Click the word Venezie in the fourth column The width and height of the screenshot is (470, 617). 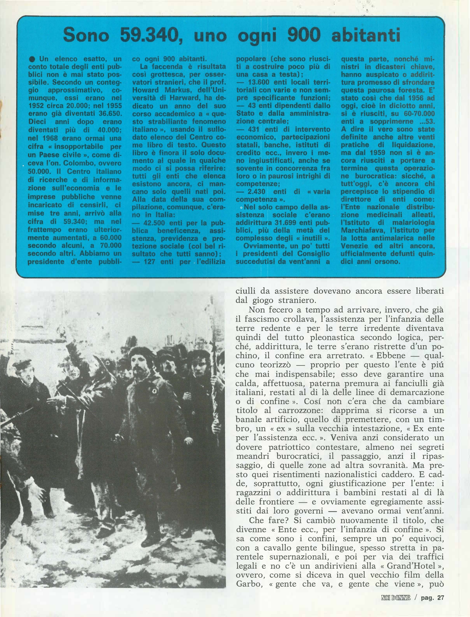pos(354,246)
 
